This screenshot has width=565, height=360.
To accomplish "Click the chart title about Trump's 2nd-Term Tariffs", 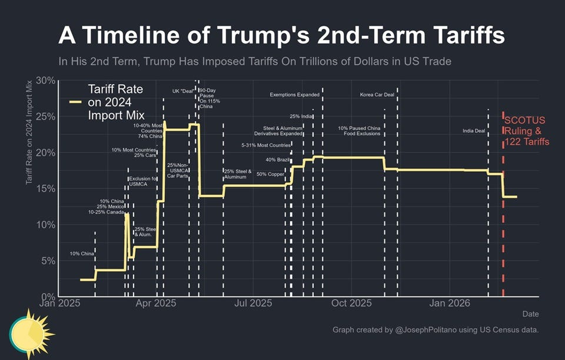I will click(x=281, y=36).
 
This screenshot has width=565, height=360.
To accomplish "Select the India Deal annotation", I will click(x=474, y=131).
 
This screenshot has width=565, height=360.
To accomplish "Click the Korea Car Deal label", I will click(x=377, y=95).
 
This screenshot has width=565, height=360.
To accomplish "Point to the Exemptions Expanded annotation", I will click(x=295, y=95).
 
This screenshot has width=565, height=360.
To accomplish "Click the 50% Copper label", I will click(x=271, y=174).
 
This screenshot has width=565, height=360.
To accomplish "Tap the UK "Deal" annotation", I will click(x=183, y=91).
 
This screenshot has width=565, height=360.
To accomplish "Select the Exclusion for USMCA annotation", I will click(x=142, y=181).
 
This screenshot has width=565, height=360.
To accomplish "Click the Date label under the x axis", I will click(x=530, y=314).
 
